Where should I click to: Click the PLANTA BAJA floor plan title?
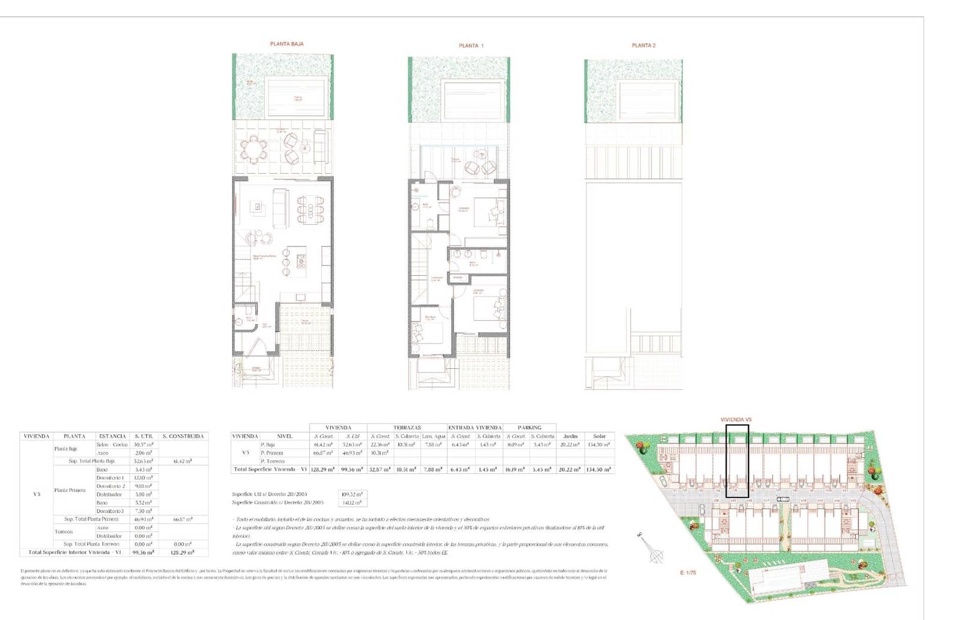pos(286,44)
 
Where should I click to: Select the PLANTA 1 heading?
pos(471,46)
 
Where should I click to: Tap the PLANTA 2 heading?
pos(643,46)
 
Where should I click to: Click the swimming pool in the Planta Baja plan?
pos(297,98)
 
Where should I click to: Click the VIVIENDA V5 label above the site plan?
pos(736,420)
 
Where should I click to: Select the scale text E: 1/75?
pos(688,573)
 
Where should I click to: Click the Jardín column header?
pos(569,436)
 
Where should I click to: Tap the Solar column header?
pos(599,436)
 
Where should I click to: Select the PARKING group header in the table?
pos(529,428)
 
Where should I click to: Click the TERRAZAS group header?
pos(407,428)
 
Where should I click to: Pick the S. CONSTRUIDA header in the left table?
pos(183,436)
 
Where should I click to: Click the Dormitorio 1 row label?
pos(110,478)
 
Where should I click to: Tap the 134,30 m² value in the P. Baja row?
pos(599,445)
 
